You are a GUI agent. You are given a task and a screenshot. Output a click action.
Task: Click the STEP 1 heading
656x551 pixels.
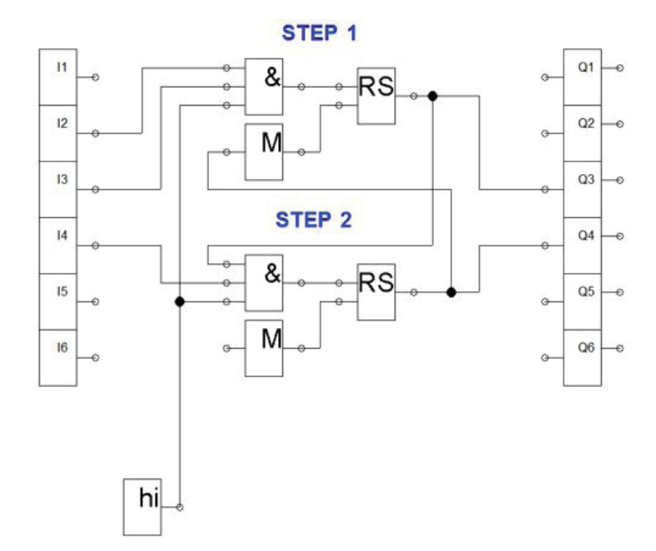tap(319, 33)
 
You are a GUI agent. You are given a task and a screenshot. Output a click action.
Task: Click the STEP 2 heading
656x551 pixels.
tap(313, 220)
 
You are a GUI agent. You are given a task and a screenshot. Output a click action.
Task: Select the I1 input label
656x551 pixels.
tap(62, 67)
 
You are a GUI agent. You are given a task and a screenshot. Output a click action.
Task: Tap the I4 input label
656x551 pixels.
tap(62, 236)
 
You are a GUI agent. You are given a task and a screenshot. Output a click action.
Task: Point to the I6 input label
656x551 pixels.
tap(62, 348)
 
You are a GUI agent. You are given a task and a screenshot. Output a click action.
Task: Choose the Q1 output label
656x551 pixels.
tap(586, 67)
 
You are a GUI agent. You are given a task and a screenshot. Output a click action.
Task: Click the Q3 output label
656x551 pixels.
tap(586, 180)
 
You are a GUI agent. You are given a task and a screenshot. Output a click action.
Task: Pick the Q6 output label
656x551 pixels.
tap(586, 348)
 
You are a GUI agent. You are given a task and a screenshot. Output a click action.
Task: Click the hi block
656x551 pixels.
tap(142, 507)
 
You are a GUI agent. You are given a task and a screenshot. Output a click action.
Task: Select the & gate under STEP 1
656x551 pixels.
tap(264, 87)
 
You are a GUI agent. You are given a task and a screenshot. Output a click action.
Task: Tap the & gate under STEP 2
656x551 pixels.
tap(264, 283)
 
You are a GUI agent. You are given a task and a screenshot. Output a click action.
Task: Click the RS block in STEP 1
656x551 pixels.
tap(376, 97)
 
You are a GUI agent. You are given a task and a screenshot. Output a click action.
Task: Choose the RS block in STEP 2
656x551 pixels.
tap(376, 292)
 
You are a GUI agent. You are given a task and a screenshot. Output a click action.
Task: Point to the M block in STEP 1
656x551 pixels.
tap(264, 151)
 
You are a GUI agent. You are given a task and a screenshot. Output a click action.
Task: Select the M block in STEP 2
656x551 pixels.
tap(264, 348)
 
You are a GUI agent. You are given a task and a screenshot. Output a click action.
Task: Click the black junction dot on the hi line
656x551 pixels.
tap(180, 301)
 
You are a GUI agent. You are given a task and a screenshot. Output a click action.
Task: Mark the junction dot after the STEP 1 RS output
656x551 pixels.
tap(433, 97)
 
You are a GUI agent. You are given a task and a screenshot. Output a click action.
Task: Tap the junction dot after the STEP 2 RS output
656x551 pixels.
tap(451, 292)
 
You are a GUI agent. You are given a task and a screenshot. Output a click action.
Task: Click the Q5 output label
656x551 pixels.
tap(586, 291)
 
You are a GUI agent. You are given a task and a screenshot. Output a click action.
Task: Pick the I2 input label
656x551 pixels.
tap(62, 123)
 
